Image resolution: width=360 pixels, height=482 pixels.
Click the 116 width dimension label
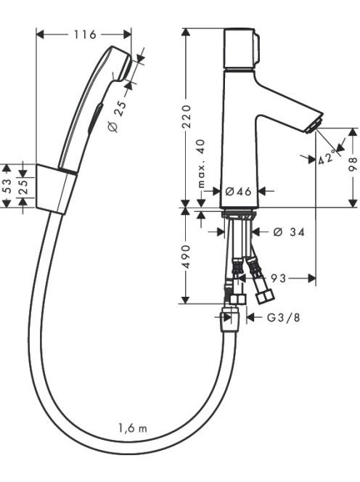click(85, 35)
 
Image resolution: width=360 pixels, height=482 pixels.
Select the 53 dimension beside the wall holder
click(7, 186)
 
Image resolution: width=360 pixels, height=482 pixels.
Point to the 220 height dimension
click(187, 117)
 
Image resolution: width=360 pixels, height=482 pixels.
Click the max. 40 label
click(201, 164)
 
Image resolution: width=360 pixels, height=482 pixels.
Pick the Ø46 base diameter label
click(239, 192)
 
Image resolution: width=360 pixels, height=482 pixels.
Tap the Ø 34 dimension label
click(289, 232)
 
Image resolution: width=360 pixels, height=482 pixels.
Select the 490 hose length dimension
click(187, 256)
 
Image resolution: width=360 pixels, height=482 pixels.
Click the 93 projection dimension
click(278, 279)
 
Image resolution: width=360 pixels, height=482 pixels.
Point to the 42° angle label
click(326, 158)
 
